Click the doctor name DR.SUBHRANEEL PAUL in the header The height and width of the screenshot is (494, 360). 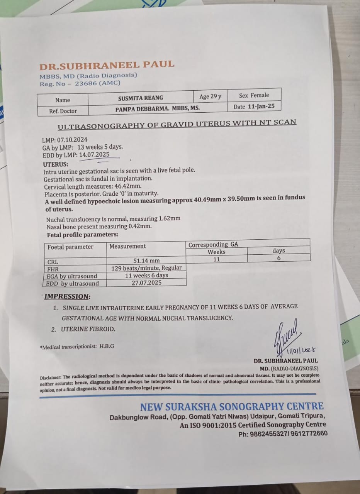coord(107,64)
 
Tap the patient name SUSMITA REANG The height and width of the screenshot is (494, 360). coord(141,98)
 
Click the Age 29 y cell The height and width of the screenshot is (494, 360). coord(210,96)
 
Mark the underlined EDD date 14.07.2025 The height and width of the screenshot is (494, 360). coord(94,155)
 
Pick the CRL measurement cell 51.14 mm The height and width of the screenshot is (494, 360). coord(146,261)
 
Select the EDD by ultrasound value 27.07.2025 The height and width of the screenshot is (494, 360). coord(146,283)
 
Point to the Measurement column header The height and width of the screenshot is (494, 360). coord(127,246)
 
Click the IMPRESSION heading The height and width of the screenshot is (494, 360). coord(67,296)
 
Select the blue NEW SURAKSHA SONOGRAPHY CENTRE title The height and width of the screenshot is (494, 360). coord(232,406)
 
